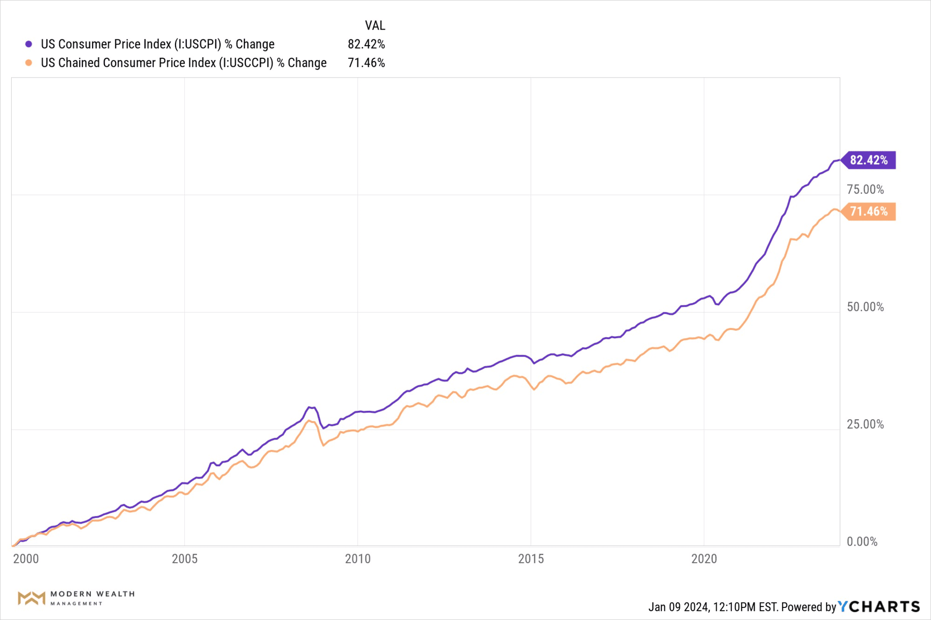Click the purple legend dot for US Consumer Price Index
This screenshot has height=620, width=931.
pyautogui.click(x=29, y=44)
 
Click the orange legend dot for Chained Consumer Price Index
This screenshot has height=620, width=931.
pyautogui.click(x=29, y=63)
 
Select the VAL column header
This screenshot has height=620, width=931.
pyautogui.click(x=375, y=25)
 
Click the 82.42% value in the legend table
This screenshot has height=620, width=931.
pyautogui.click(x=366, y=44)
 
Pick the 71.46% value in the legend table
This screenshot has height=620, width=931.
pyautogui.click(x=366, y=63)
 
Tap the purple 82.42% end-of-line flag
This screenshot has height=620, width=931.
pyautogui.click(x=868, y=160)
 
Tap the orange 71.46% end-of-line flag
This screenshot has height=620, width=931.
pyautogui.click(x=868, y=212)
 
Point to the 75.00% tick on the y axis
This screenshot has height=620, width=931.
pyautogui.click(x=865, y=190)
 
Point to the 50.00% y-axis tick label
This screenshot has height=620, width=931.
pyautogui.click(x=865, y=307)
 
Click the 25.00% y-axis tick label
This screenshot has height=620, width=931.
pyautogui.click(x=865, y=424)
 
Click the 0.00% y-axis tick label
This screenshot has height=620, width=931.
pyautogui.click(x=862, y=541)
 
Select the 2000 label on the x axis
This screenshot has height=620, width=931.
pyautogui.click(x=26, y=559)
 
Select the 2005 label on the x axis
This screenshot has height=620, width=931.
pyautogui.click(x=184, y=559)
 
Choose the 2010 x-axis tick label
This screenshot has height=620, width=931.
pyautogui.click(x=357, y=559)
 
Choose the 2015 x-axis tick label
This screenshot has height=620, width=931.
pyautogui.click(x=530, y=559)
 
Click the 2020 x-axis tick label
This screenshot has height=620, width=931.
pyautogui.click(x=704, y=559)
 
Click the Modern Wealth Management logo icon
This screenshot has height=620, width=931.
pyautogui.click(x=32, y=598)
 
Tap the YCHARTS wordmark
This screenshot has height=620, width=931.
pyautogui.click(x=879, y=606)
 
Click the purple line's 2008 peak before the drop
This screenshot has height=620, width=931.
pyautogui.click(x=310, y=407)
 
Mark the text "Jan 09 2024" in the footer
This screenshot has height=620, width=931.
pyautogui.click(x=678, y=607)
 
